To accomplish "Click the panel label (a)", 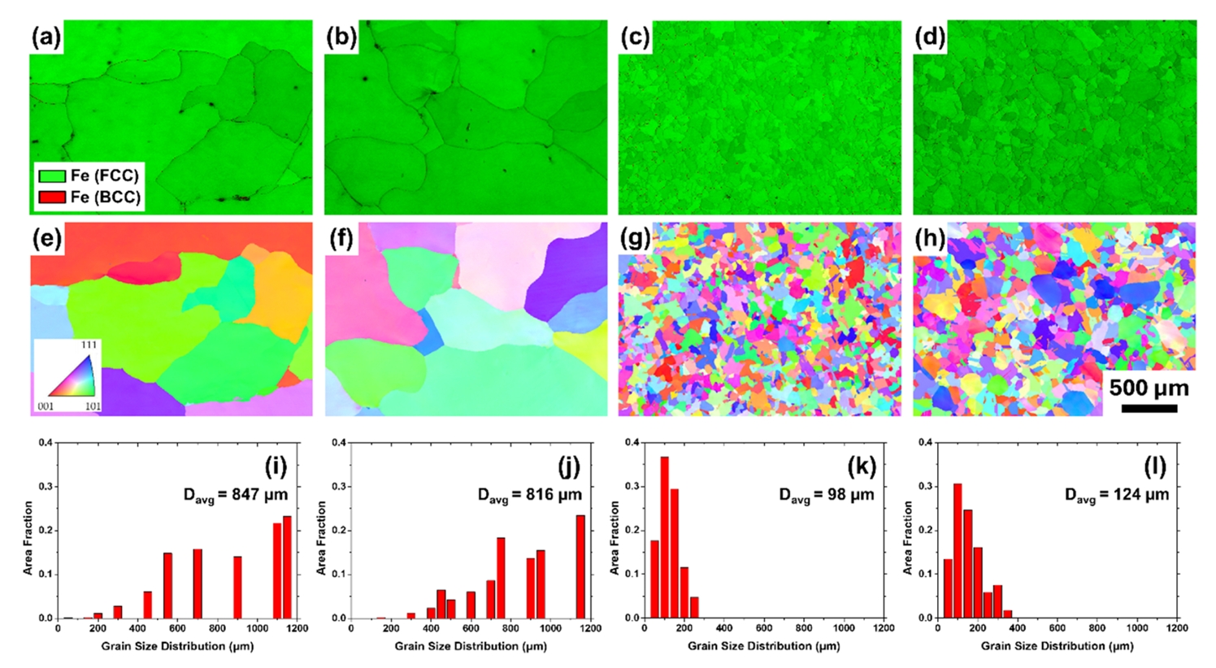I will point(46,37).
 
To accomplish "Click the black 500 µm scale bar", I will point(1149,408).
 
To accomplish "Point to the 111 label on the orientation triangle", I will point(89,345).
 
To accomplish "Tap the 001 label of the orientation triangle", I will point(46,405).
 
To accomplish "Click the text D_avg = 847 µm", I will point(235,495).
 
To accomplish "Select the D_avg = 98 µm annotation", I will point(826,495).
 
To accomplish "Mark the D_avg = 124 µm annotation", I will point(1117,495).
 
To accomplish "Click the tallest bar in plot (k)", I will point(664,537).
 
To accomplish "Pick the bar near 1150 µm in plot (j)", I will point(580,566).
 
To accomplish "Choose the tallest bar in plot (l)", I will point(958,550).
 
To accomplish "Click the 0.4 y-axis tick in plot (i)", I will point(46,443).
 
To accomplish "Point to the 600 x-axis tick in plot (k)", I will point(764,628).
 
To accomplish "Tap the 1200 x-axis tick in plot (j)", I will point(590,628).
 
